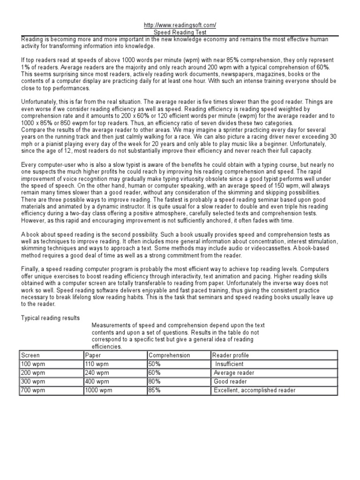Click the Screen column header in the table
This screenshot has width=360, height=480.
pos(30,355)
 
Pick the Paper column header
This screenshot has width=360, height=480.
pos(93,355)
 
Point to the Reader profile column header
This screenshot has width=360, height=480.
pos(231,355)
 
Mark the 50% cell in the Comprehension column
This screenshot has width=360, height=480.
pos(155,364)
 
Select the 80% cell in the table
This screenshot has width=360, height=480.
pos(155,382)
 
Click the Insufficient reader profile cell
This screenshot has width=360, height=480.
pos(229,364)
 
